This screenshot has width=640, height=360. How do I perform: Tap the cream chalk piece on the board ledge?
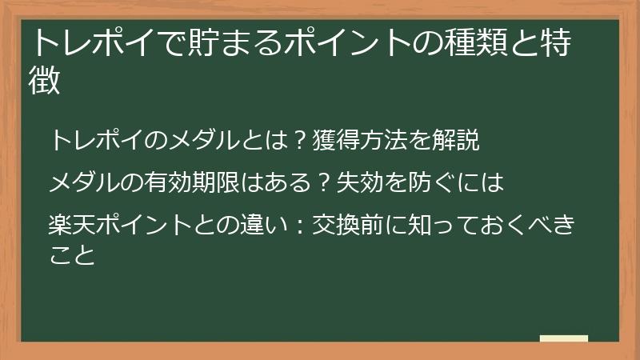tap(563, 339)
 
